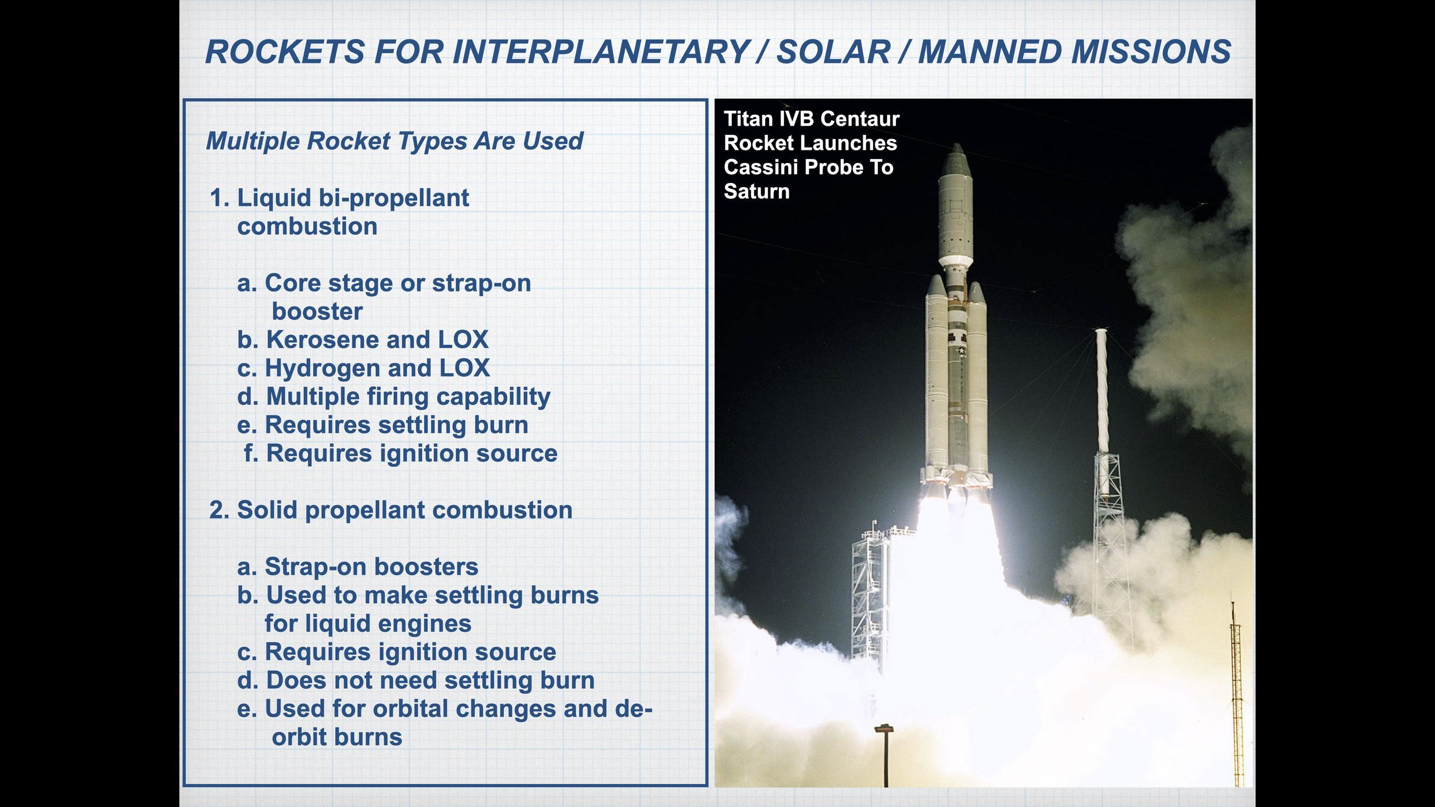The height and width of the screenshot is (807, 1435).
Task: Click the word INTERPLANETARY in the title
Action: [x=601, y=52]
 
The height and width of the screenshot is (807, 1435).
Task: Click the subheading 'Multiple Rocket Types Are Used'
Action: [x=394, y=141]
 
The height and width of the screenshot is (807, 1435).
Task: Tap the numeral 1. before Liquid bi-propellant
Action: [x=220, y=198]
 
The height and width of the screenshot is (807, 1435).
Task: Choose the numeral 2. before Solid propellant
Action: [x=220, y=510]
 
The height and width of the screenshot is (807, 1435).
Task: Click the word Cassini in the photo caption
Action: [x=761, y=167]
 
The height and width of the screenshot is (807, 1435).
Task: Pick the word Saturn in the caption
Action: [x=757, y=191]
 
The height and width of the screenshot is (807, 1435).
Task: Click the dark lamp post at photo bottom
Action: [x=885, y=755]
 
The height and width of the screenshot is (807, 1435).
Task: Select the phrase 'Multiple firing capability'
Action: [x=408, y=397]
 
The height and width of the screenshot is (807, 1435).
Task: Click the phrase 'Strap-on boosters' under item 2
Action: [x=371, y=567]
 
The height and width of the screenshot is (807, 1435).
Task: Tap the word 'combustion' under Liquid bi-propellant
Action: [x=307, y=226]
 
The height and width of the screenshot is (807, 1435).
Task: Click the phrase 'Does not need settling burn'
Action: [x=430, y=681]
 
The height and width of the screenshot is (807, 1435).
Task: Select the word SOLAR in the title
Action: [x=833, y=52]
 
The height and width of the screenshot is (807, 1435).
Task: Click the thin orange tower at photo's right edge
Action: [x=1237, y=695]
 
